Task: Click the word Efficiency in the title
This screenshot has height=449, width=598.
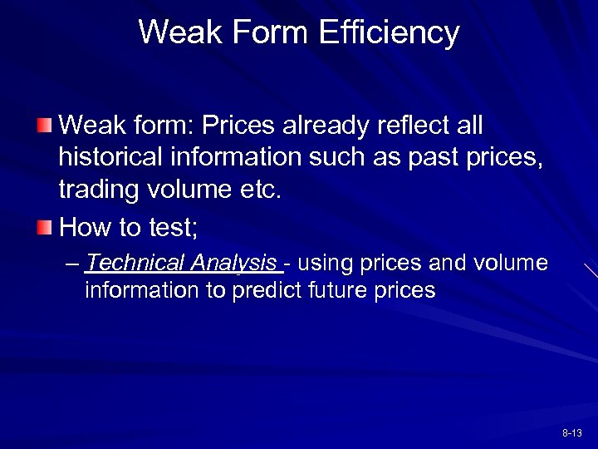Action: coord(388,32)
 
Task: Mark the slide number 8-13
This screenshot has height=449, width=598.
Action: coord(572,433)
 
